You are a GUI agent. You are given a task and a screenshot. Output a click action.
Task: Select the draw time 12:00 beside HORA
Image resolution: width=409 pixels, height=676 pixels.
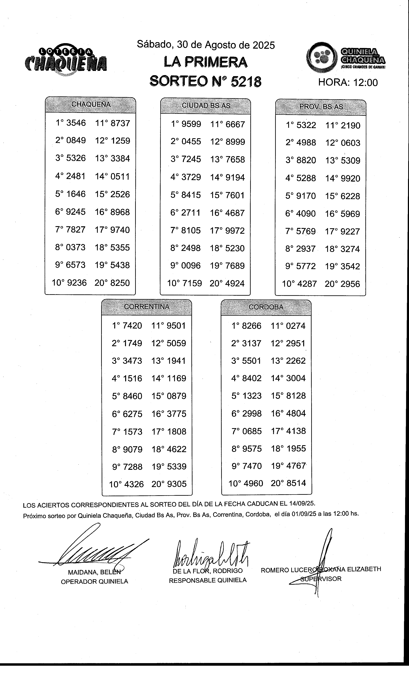(365, 82)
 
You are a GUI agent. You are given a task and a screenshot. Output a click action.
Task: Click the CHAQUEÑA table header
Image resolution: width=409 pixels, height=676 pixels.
(91, 104)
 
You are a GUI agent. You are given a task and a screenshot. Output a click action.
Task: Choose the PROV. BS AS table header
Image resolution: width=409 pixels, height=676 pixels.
(321, 107)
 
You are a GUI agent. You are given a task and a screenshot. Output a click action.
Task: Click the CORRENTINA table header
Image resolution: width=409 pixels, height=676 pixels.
(147, 307)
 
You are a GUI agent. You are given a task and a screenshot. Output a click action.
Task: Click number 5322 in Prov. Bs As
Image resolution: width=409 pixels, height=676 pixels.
(306, 125)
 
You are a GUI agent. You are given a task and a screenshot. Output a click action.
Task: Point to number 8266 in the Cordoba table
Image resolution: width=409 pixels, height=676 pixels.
(252, 326)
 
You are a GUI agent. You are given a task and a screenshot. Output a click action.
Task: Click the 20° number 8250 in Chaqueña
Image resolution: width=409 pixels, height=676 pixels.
(120, 283)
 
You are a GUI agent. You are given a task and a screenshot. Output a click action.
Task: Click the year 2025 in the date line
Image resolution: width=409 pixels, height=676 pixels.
(264, 45)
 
